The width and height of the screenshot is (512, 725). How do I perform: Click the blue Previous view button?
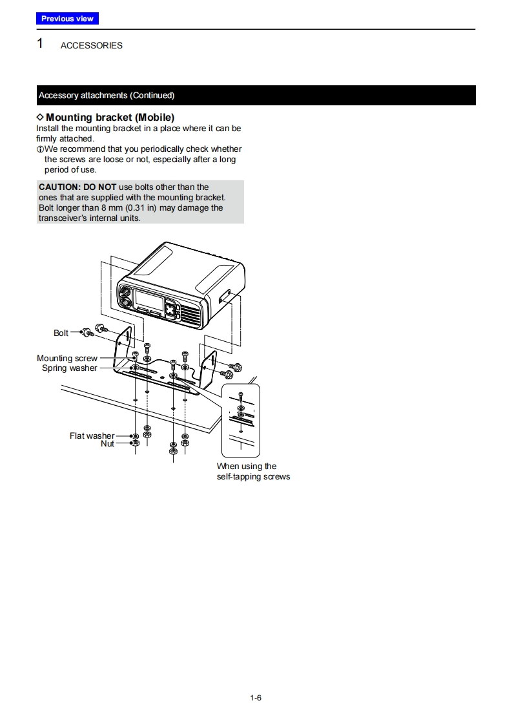point(67,19)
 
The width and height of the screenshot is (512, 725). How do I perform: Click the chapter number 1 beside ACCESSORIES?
point(40,44)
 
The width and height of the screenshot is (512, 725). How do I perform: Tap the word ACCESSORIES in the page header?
point(91,46)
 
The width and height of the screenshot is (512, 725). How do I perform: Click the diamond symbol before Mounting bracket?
point(40,117)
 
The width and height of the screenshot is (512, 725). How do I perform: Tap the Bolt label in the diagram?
point(61,333)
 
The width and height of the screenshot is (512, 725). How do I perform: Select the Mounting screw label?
point(67,359)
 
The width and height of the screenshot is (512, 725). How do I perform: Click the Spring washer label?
point(69,368)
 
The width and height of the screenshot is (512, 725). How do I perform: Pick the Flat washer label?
point(92,436)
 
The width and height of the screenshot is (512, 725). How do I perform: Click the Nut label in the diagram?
point(107,444)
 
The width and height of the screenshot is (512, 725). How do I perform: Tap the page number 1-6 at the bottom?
point(256,698)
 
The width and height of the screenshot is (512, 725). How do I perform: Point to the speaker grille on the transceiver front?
point(192,315)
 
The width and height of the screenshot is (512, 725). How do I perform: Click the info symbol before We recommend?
point(39,149)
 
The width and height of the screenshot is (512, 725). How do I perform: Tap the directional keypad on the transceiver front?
point(170,309)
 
